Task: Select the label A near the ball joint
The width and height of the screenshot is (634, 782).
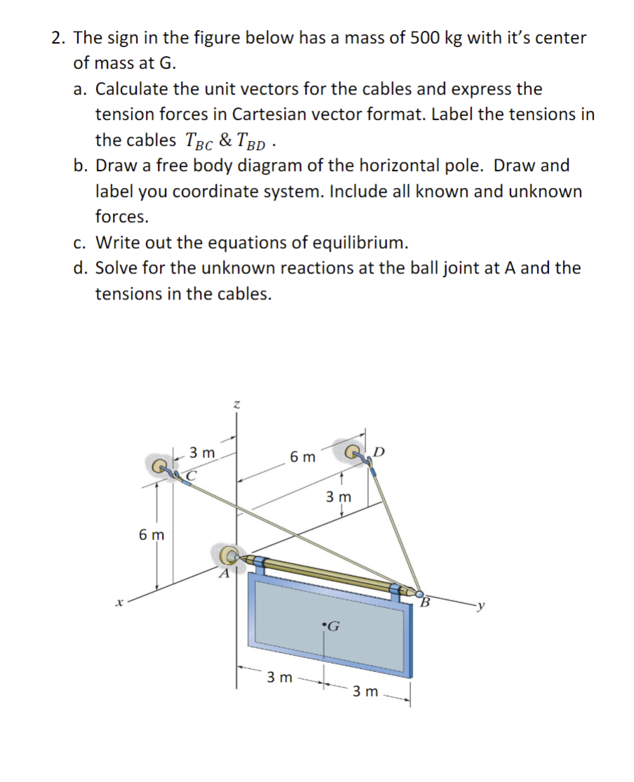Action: (x=224, y=574)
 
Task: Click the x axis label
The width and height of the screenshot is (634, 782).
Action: (x=121, y=601)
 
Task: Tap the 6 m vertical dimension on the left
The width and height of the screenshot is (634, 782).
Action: (x=151, y=535)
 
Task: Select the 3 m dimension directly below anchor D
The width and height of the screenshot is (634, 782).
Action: (x=340, y=497)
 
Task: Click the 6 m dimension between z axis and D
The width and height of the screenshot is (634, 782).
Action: (x=303, y=457)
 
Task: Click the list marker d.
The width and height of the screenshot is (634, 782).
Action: (x=81, y=268)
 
